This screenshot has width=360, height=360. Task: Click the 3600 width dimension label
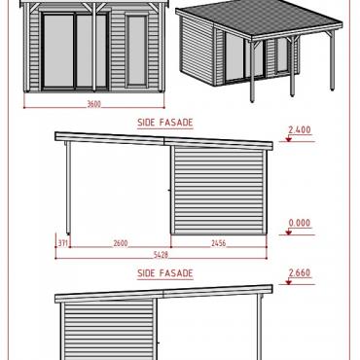pos(94,104)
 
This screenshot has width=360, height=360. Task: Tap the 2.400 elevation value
pos(300,129)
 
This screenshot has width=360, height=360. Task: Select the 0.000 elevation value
pos(300,223)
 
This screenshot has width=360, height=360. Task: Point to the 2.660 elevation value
pos(300,272)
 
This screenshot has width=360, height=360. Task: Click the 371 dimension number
pos(63,243)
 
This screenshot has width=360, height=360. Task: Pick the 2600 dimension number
pos(121,243)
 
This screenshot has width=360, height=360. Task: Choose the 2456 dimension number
pos(218,243)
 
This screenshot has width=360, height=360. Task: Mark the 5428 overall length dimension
pos(161,255)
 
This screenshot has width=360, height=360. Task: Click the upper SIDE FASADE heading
pos(165,123)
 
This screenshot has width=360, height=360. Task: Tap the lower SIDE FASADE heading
pos(165,273)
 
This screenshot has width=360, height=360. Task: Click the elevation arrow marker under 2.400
pos(288,139)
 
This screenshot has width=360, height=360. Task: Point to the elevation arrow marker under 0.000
pos(288,232)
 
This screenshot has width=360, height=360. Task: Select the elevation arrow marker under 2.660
pos(288,282)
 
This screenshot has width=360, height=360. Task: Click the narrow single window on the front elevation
pos(137,52)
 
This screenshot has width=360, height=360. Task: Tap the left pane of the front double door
pos(58,51)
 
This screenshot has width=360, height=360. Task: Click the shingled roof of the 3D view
pos(260,18)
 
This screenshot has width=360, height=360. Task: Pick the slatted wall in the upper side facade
pos(219,191)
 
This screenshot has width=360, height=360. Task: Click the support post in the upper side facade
pos(68,188)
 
